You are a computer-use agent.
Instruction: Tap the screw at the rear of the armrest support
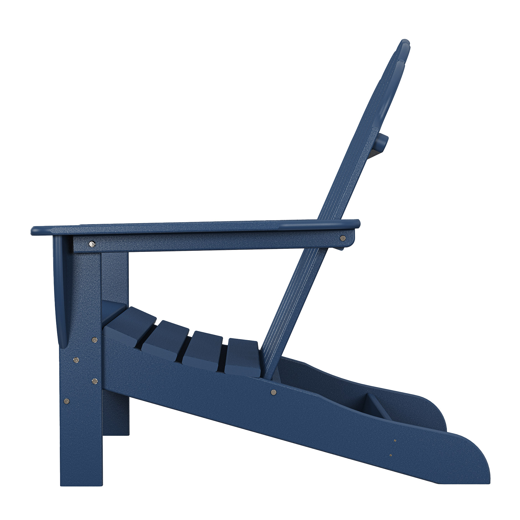[x=343, y=238]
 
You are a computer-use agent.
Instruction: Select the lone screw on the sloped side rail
[x=274, y=392]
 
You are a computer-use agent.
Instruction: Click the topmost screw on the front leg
[x=94, y=340]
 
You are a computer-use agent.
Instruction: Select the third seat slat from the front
[x=204, y=348]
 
